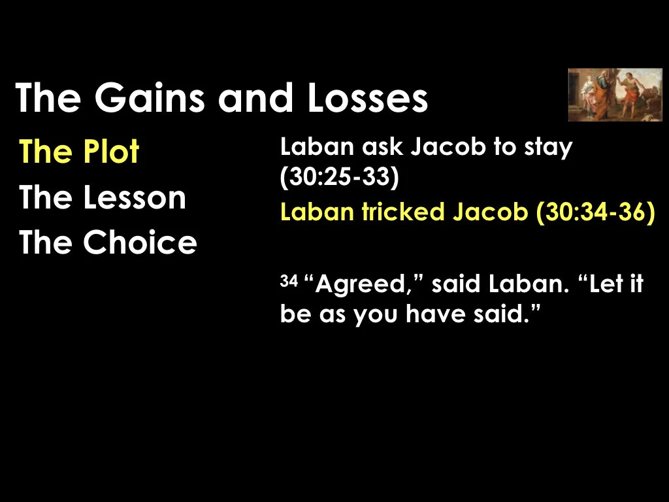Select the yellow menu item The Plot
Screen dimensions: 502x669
coord(79,152)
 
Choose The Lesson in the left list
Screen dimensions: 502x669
coord(103,197)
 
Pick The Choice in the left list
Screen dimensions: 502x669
coord(108,242)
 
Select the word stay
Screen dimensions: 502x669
coord(549,148)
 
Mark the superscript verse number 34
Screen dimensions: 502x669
coord(288,281)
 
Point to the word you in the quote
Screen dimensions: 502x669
coord(377,316)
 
